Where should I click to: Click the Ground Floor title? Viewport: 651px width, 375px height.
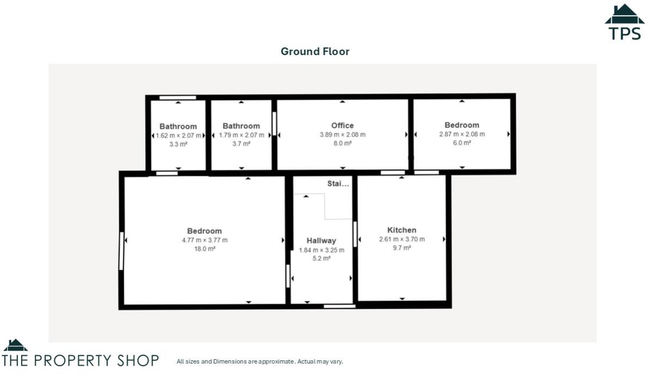pos(315,52)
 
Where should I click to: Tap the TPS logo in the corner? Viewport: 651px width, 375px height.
pos(624,23)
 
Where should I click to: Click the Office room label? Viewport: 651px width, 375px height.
pos(342,126)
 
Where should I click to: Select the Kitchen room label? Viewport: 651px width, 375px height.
pos(402,230)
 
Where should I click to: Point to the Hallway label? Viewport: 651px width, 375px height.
pos(321,241)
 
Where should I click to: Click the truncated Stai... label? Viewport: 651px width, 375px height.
pos(338,184)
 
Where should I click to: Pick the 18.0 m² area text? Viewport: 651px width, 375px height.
pos(204,249)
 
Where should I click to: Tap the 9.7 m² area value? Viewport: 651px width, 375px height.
pos(402,248)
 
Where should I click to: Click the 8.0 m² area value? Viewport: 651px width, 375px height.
pos(342,143)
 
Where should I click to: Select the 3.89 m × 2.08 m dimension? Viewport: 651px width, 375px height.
pos(342,134)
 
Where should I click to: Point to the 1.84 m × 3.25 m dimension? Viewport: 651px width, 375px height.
pos(321,250)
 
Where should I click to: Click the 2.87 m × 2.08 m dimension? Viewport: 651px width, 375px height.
pos(462,134)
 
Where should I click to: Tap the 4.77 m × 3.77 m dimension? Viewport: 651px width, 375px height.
pos(204,240)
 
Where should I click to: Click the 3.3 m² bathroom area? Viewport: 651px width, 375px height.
pos(178,144)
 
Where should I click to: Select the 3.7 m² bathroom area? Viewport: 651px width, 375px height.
pos(241,144)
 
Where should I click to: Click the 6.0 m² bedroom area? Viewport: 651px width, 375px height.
pos(462,143)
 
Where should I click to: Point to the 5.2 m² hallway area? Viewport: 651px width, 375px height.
pos(321,259)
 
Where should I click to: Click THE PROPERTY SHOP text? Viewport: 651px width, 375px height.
pos(80,360)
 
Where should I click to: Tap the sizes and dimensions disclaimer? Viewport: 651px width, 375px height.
pos(260,361)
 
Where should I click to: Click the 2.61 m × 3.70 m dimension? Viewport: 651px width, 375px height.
pos(402,239)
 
